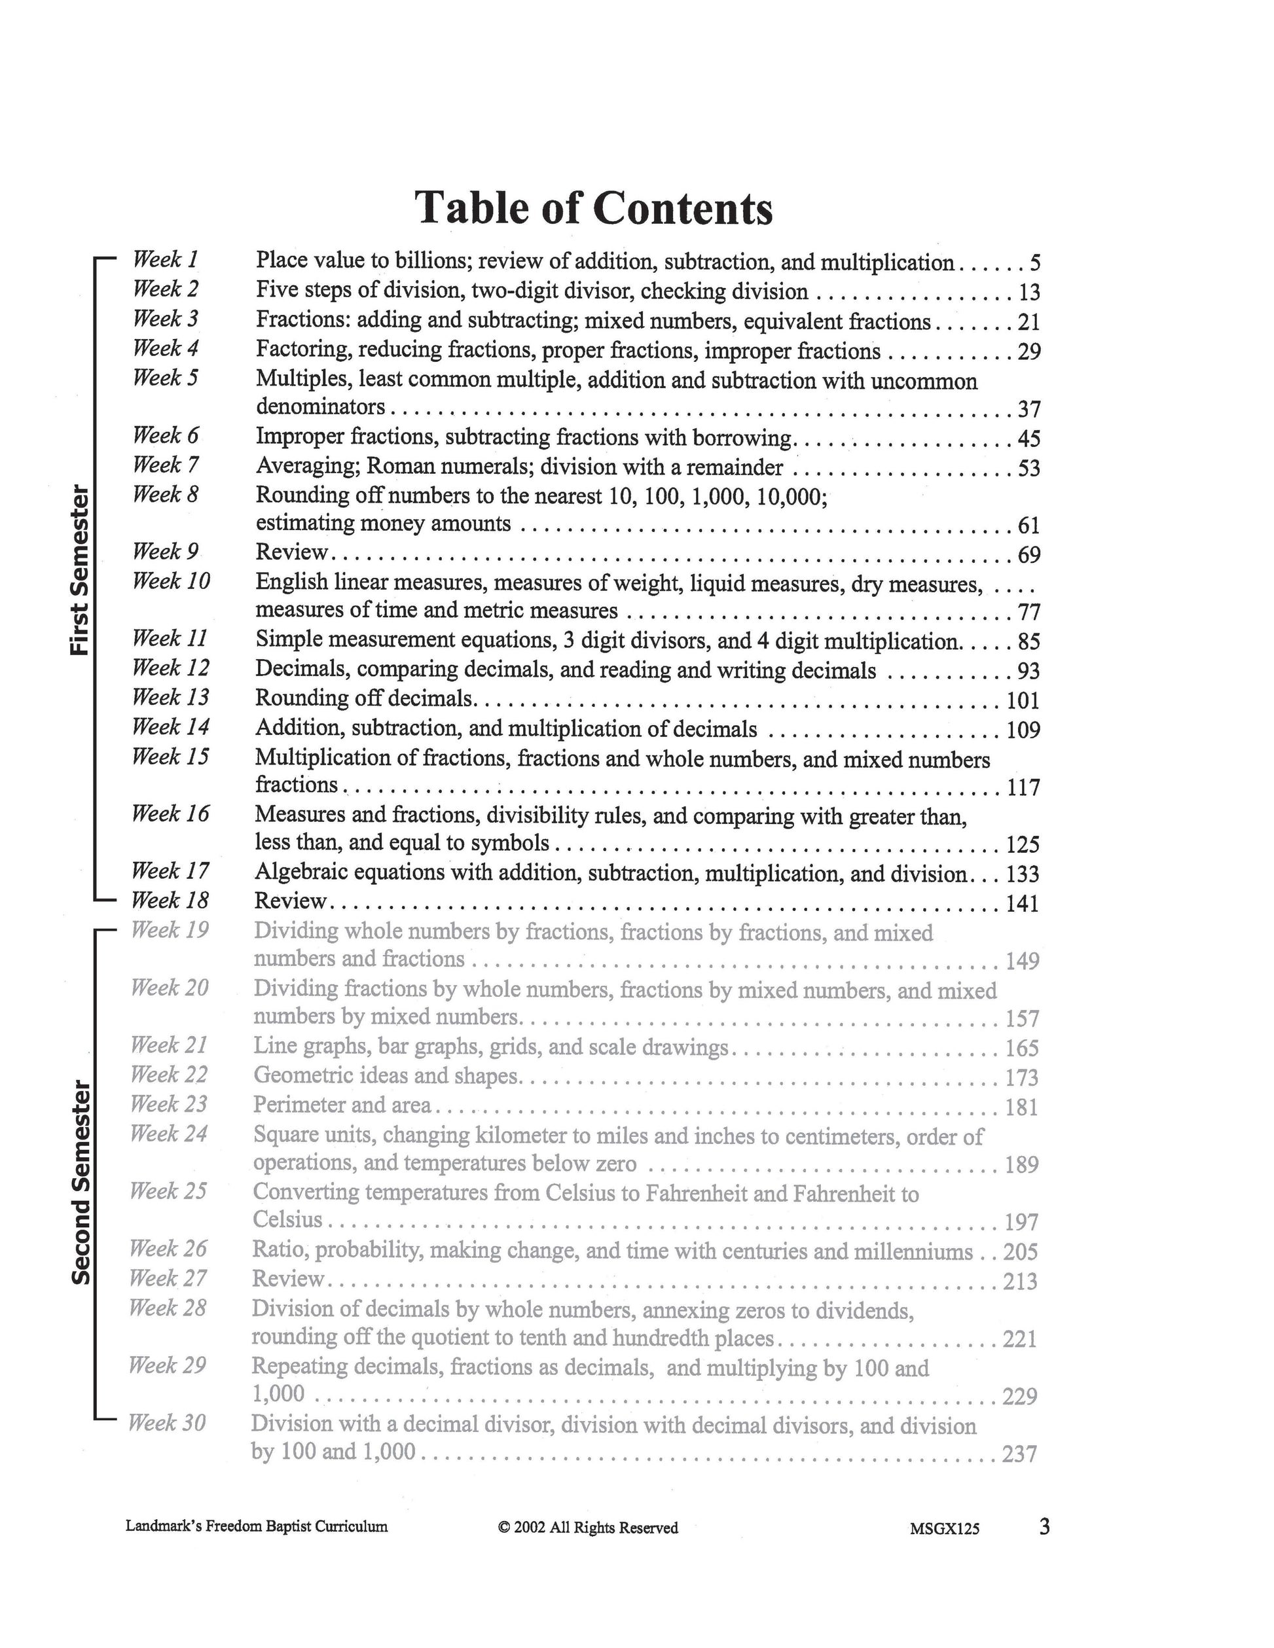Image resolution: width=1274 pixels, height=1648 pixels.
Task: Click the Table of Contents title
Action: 594,207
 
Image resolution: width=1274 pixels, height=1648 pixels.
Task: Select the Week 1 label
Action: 165,260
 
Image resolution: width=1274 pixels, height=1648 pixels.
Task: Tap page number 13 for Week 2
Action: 1028,293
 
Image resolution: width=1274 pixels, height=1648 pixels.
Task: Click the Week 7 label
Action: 165,465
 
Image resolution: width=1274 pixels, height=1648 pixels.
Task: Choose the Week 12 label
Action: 171,668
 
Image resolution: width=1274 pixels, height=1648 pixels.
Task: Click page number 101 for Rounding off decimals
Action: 1023,701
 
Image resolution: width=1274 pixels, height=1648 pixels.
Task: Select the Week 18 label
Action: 170,900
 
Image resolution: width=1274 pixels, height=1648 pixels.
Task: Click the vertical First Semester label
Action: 80,569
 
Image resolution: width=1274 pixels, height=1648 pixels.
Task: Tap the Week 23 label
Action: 168,1104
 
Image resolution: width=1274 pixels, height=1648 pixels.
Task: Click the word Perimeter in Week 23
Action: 298,1105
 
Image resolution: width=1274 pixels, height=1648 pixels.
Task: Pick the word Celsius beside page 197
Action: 287,1219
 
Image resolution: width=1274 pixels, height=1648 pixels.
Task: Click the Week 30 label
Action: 167,1423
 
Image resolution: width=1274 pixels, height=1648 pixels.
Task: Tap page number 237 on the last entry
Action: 1019,1454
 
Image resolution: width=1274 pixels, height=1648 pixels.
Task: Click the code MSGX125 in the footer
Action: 944,1529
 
